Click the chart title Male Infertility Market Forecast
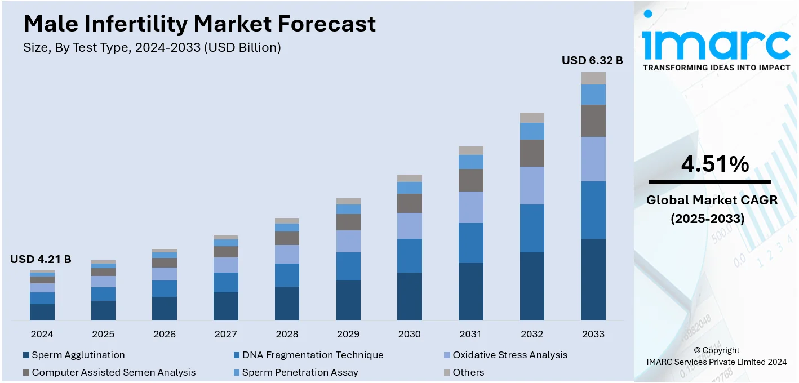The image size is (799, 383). coord(199,24)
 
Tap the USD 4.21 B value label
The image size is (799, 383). coord(41,259)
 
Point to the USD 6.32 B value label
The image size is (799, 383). coord(592,60)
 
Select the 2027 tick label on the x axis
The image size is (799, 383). coord(226,334)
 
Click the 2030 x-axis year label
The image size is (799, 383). coord(410,334)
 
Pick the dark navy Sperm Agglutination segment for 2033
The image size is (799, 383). coord(593,279)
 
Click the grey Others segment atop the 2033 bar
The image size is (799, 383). coord(593,78)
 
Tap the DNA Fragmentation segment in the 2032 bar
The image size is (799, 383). coord(532,228)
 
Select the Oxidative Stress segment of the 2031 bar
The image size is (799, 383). coord(470,207)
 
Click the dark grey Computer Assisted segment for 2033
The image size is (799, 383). coord(593,121)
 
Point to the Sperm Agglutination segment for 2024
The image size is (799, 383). coord(42,312)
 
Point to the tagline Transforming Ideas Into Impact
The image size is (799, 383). coord(716,68)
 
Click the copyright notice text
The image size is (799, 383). coord(717,356)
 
